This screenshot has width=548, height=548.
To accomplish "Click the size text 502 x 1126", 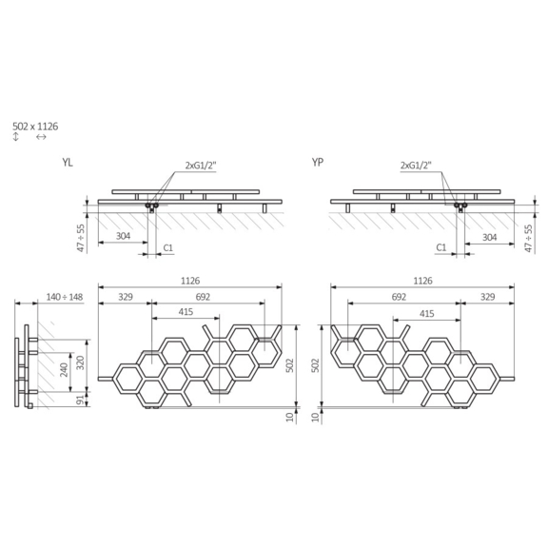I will (36, 126).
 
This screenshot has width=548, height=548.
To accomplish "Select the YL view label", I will (68, 165).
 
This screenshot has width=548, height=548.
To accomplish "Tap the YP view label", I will (317, 165).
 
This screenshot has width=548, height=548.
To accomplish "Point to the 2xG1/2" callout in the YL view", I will (202, 165).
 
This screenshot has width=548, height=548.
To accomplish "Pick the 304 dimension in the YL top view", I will (123, 236).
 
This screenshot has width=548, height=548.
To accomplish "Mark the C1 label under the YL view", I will (167, 247).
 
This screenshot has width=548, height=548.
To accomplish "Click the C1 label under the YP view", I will (441, 247).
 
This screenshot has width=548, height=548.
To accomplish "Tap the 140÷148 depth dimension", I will (64, 298).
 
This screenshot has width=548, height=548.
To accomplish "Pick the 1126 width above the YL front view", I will (190, 281).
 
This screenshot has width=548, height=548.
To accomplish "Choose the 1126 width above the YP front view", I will (423, 281).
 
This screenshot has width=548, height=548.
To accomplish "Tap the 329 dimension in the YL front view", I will (126, 298).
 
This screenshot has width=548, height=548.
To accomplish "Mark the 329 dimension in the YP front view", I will (488, 298).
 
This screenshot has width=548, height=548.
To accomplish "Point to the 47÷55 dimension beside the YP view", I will (529, 234).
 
